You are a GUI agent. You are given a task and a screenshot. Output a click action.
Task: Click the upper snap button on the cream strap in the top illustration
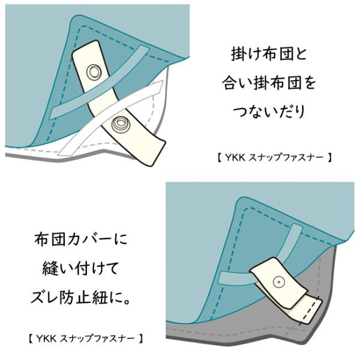(x=94, y=73)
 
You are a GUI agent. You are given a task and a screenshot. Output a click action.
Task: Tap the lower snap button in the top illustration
(x=118, y=124)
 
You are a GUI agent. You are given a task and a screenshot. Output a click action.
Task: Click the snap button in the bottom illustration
(x=278, y=281)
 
